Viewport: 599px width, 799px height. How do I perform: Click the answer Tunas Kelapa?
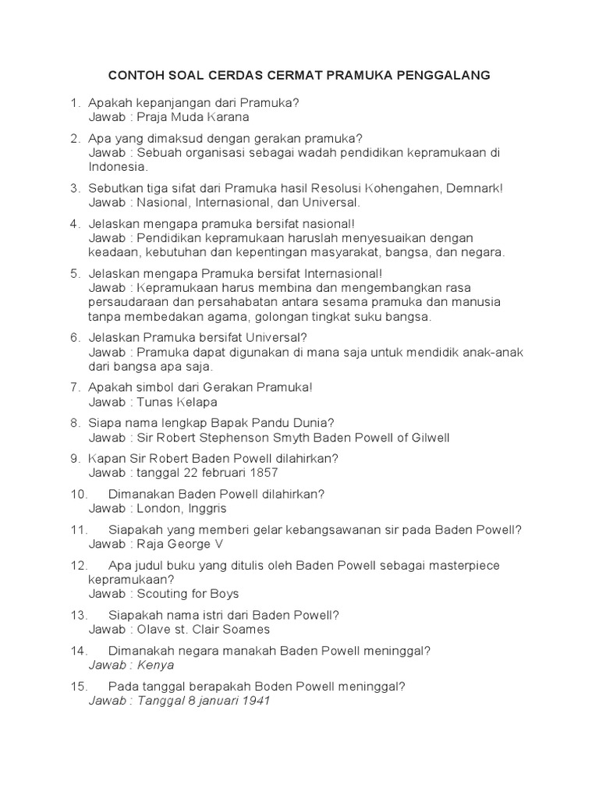pyautogui.click(x=177, y=402)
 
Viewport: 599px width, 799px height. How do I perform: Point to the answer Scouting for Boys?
pyautogui.click(x=188, y=594)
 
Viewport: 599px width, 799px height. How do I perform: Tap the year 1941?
pyautogui.click(x=255, y=701)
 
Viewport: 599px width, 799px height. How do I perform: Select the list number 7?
pyautogui.click(x=76, y=387)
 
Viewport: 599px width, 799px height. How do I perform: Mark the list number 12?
pyautogui.click(x=79, y=565)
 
